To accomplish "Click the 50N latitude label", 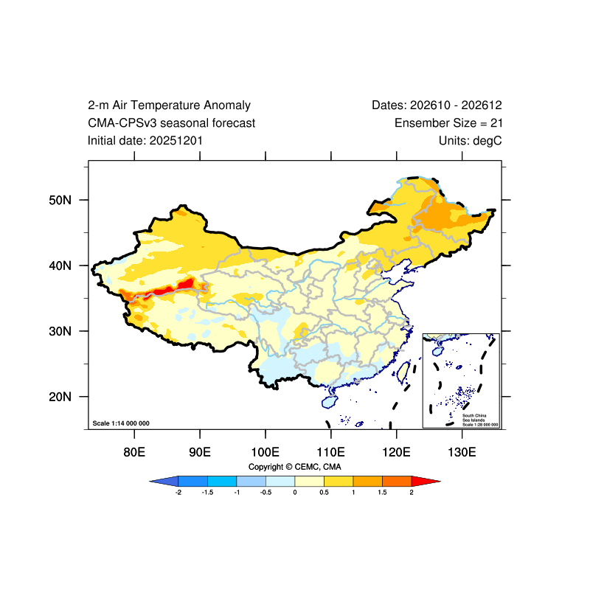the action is [60, 200].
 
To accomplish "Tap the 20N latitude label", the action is [60, 397].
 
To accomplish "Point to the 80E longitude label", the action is [134, 452].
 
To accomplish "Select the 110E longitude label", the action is [330, 452].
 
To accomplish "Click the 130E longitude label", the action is [462, 452].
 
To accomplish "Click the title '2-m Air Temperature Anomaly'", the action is [169, 105].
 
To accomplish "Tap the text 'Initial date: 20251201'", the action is [145, 141].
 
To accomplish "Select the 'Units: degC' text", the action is [470, 141].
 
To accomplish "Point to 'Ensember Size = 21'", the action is [448, 123].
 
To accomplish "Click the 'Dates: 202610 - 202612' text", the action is [437, 105].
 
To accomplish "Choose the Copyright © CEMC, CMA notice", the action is [294, 467].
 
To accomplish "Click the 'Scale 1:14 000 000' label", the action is [121, 423].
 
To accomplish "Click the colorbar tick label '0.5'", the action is [324, 492].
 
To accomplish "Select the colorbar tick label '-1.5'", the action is [207, 492].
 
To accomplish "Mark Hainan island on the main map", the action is [330, 401].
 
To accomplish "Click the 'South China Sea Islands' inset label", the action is [474, 417].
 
